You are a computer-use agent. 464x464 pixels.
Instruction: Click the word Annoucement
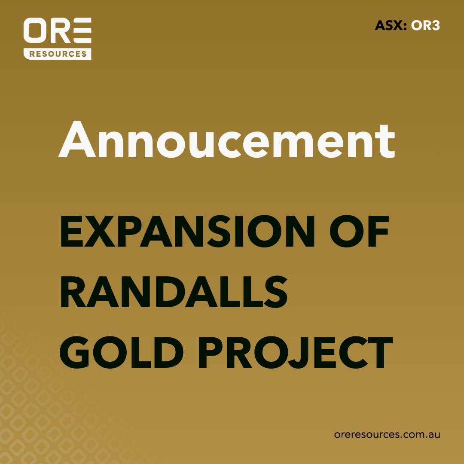226,138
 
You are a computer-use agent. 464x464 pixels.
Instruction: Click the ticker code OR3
425,26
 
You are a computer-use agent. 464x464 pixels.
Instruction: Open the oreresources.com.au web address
387,434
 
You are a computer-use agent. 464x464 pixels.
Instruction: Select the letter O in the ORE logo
35,31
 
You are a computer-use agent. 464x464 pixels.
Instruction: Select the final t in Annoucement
387,140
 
